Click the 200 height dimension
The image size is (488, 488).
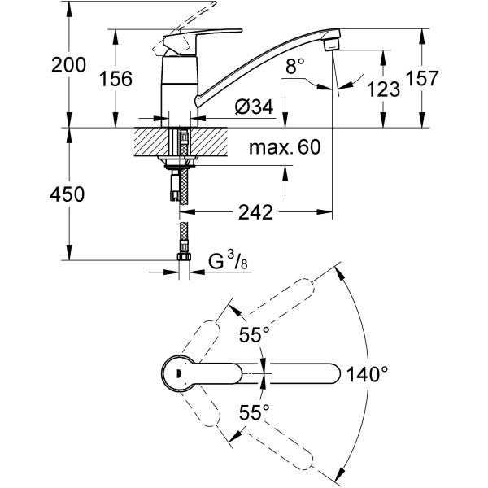68,65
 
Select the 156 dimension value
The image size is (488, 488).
115,78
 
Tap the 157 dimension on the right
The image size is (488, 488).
422,78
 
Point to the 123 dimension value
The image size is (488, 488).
383,89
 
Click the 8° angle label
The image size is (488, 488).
295,66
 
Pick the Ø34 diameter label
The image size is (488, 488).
255,107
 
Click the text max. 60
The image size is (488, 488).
285,147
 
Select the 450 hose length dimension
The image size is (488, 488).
67,194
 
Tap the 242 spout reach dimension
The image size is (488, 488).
255,212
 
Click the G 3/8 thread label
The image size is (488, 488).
228,262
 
